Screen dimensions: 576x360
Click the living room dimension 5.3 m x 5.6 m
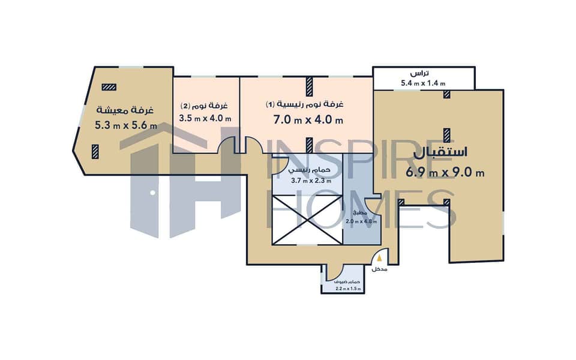pyautogui.click(x=125, y=125)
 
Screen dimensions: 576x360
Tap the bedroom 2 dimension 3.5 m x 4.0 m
pyautogui.click(x=205, y=118)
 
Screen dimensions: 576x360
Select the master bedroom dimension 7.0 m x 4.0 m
pyautogui.click(x=308, y=120)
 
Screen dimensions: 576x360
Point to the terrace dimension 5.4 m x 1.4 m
pyautogui.click(x=423, y=83)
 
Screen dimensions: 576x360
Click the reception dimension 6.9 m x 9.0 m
pyautogui.click(x=445, y=172)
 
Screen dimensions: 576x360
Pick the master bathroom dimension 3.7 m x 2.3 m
pyautogui.click(x=311, y=181)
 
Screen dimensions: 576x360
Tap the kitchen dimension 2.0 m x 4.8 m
pyautogui.click(x=361, y=221)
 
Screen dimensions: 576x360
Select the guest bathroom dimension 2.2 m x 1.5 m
pyautogui.click(x=348, y=289)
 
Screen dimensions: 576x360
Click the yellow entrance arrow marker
pyautogui.click(x=379, y=258)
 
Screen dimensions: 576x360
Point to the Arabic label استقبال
pyautogui.click(x=440, y=153)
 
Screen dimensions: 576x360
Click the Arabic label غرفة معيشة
pyautogui.click(x=125, y=110)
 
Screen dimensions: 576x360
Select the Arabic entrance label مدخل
pyautogui.click(x=379, y=269)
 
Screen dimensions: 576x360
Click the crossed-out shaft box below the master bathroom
pyautogui.click(x=307, y=220)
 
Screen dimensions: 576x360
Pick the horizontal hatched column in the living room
pyautogui.click(x=109, y=87)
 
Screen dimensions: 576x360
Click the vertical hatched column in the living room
pyautogui.click(x=95, y=151)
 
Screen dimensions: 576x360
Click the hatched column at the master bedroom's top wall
pyautogui.click(x=310, y=86)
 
